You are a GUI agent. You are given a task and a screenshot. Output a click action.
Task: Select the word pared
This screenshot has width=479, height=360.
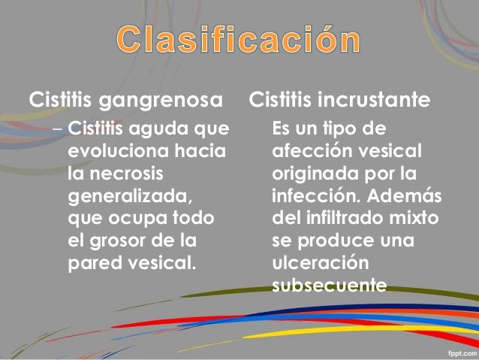[x=92, y=265]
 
